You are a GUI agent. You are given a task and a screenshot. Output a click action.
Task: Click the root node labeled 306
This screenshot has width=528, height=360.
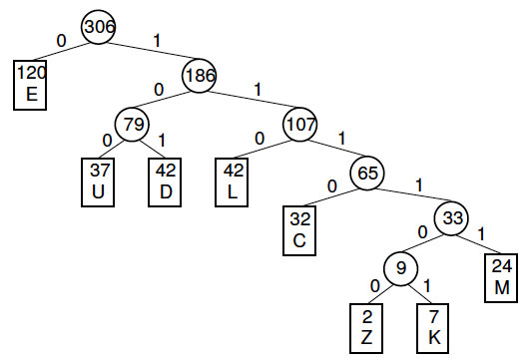(98, 27)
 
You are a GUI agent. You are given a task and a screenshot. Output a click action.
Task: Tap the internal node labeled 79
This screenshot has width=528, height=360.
(132, 125)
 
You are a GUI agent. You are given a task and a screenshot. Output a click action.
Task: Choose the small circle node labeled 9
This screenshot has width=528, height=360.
(401, 268)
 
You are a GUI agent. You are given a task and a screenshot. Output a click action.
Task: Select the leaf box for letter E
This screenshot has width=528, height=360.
(31, 84)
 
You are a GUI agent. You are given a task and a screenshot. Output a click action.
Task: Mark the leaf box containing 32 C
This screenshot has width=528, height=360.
(301, 229)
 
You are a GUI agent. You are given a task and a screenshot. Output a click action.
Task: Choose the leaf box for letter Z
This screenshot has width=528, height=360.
(366, 326)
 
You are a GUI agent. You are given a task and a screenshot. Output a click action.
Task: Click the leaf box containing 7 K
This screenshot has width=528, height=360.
(434, 326)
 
